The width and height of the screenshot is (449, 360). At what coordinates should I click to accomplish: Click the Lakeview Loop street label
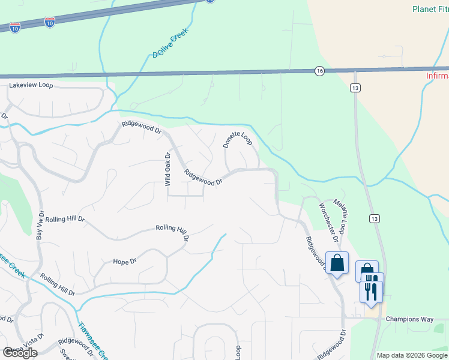[31, 85]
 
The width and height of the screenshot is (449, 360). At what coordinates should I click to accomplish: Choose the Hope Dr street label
[125, 262]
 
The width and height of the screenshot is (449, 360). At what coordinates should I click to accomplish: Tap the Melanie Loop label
[340, 216]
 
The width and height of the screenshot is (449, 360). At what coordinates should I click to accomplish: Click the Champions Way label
[409, 319]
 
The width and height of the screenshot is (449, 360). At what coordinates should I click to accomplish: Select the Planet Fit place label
[430, 9]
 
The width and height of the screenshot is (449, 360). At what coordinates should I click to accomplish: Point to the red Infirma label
[437, 76]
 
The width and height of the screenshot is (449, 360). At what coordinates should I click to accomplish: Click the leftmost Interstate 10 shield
[15, 27]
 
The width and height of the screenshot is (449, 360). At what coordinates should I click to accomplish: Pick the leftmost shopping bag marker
[337, 263]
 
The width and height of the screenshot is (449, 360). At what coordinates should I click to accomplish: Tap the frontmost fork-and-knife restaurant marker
[371, 291]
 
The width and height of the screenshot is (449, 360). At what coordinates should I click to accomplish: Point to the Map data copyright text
[412, 355]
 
